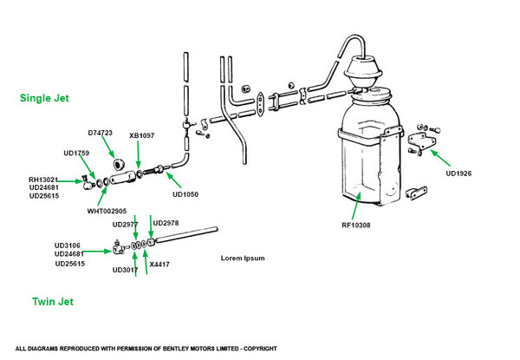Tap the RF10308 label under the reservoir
pos(355,225)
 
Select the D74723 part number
pos(101,133)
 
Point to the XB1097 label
pos(141,135)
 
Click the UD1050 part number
pos(185,194)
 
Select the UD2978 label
pos(165,222)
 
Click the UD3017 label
pos(126,269)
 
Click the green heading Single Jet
pos(44,99)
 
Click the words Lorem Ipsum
pos(243,258)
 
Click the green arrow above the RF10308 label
pos(357,206)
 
